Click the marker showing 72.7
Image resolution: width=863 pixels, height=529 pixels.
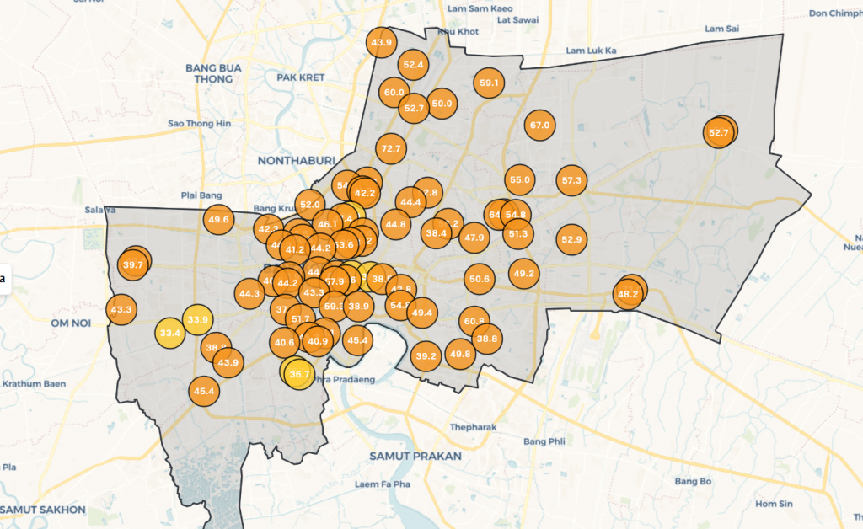391,149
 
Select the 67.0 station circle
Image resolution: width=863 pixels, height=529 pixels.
539,125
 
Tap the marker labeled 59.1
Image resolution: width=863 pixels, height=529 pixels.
489,83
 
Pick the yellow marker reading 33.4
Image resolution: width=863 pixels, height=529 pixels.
169,333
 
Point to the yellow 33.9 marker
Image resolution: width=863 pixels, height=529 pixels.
197,319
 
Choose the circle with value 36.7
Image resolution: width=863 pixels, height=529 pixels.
299,373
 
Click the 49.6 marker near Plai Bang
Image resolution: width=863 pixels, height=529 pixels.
217,220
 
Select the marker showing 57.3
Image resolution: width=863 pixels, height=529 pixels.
571,180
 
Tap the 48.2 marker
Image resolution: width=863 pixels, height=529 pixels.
628,294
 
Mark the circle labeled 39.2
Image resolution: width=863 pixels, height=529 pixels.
426,356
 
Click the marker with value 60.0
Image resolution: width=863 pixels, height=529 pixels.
394,92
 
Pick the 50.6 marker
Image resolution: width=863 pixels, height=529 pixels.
480,279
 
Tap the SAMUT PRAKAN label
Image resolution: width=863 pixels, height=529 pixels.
415,456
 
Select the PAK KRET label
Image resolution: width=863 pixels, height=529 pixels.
301,77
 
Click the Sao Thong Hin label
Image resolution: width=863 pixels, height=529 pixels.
199,123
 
